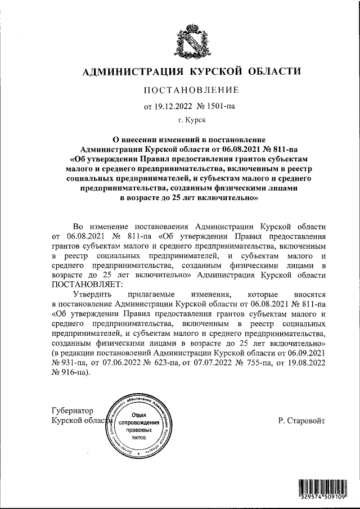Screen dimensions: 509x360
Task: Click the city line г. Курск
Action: tap(192, 119)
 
